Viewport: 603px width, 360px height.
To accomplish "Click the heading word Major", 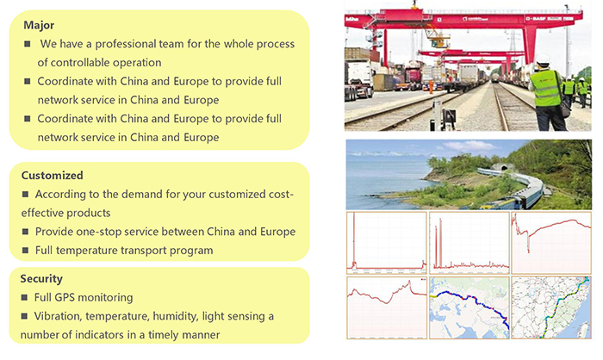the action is pyautogui.click(x=39, y=25).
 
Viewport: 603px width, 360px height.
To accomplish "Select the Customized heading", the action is pyautogui.click(x=53, y=176).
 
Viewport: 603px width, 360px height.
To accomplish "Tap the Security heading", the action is pyautogui.click(x=41, y=279).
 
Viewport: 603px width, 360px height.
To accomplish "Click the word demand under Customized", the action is pyautogui.click(x=144, y=195).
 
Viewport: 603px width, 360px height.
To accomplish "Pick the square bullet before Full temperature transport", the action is pyautogui.click(x=25, y=251).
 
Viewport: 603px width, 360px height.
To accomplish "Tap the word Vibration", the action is pyautogui.click(x=58, y=316).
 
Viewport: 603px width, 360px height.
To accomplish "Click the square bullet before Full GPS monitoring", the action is pyautogui.click(x=24, y=297).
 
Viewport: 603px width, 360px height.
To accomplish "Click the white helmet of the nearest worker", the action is pyautogui.click(x=543, y=59).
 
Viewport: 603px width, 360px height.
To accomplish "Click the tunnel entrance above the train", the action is pyautogui.click(x=503, y=167).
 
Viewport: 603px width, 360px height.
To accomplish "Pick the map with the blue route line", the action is pyautogui.click(x=469, y=307).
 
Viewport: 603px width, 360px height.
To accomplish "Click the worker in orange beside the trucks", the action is pyautogui.click(x=431, y=86).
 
